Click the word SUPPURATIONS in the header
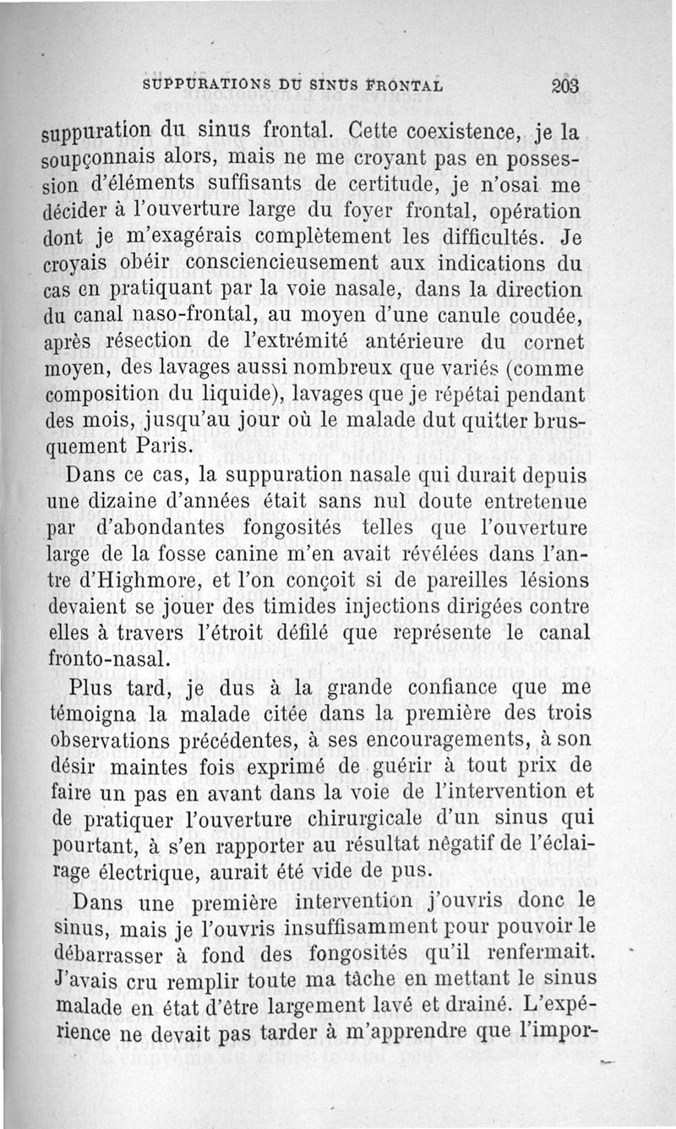198,85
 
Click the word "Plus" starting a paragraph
93,686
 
